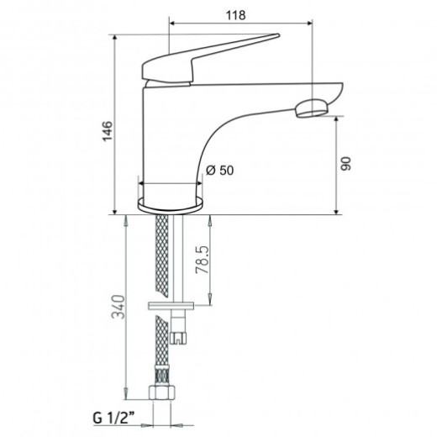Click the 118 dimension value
pyautogui.click(x=236, y=15)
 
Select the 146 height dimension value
pyautogui.click(x=108, y=131)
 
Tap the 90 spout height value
pyautogui.click(x=345, y=164)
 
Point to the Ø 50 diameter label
pyautogui.click(x=219, y=170)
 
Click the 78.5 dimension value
pyautogui.click(x=203, y=260)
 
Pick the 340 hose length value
pyautogui.click(x=118, y=307)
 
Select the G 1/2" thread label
pyautogui.click(x=113, y=419)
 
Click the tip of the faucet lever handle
pyautogui.click(x=278, y=35)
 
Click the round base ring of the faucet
pyautogui.click(x=171, y=203)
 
